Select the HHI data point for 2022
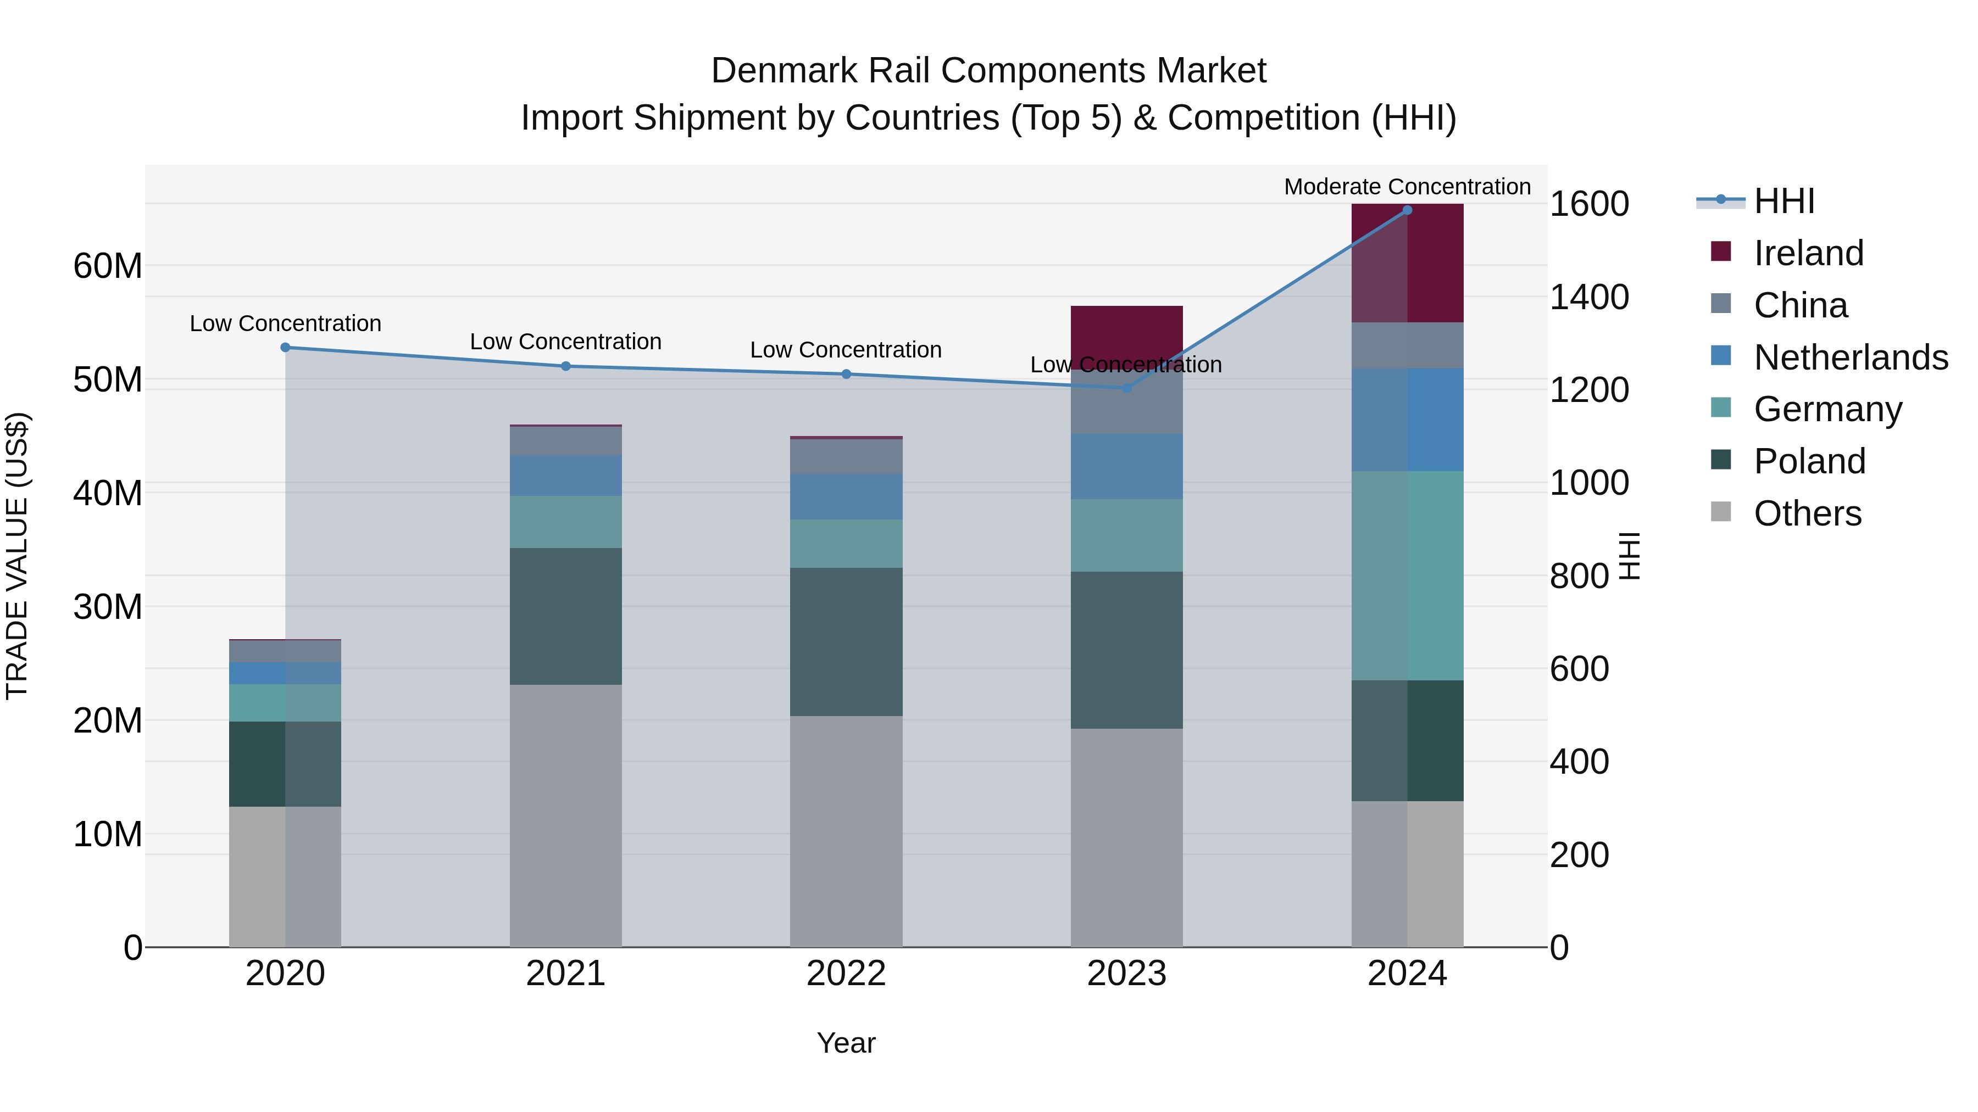[x=846, y=375]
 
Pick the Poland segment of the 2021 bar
[x=565, y=616]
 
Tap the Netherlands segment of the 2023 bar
[x=1126, y=467]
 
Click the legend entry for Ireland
[x=1808, y=253]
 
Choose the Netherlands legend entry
[x=1850, y=357]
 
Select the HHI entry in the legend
[x=1783, y=201]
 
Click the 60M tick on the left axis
[x=108, y=266]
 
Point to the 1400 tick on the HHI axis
[x=1588, y=297]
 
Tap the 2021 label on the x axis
[x=565, y=974]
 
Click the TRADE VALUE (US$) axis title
[x=17, y=556]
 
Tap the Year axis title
[x=846, y=1043]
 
